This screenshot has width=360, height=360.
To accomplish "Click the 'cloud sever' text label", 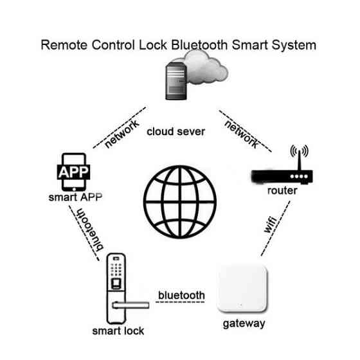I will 175,131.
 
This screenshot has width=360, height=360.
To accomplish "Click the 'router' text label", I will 282,191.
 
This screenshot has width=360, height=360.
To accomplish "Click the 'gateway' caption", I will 244,323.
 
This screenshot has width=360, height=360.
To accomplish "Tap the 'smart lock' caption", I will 118,331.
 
